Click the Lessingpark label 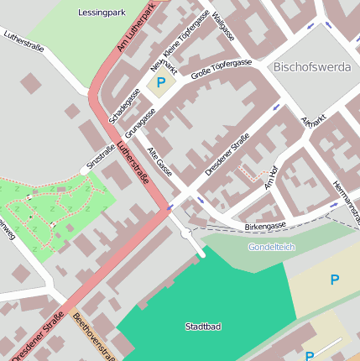click(x=102, y=13)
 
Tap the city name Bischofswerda click(x=311, y=66)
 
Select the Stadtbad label click(x=203, y=326)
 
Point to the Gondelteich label click(x=272, y=247)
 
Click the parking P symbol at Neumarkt click(x=160, y=84)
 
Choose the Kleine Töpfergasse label click(x=186, y=35)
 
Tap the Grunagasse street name click(x=140, y=123)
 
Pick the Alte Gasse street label click(x=159, y=162)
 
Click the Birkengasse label click(x=265, y=226)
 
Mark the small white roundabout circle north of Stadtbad click(x=185, y=233)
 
